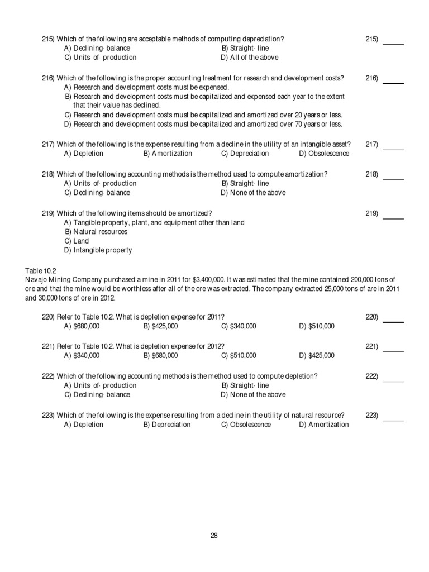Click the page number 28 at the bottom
[x=214, y=536]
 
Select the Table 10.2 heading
[x=41, y=270]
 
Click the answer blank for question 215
[x=393, y=42]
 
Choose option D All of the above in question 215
[x=249, y=58]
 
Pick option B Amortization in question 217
[x=168, y=154]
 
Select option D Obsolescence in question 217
[x=324, y=154]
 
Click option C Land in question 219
[x=77, y=241]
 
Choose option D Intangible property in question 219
[x=98, y=250]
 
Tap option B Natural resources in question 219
[x=96, y=232]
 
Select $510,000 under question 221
[x=239, y=355]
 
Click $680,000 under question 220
[x=82, y=326]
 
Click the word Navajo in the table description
[x=37, y=279]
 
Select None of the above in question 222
[x=253, y=395]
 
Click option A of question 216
[x=146, y=88]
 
